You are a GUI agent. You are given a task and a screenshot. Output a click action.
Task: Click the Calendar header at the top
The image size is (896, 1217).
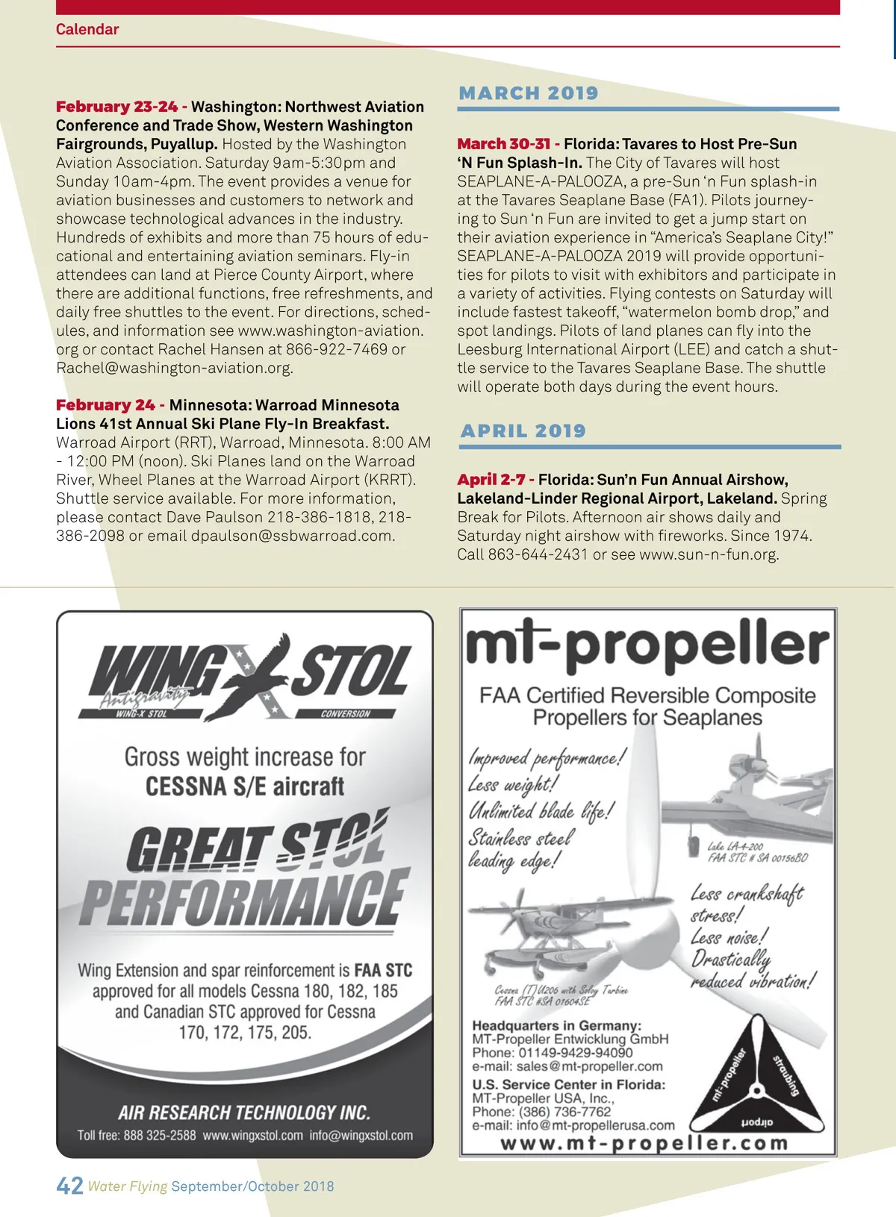point(87,30)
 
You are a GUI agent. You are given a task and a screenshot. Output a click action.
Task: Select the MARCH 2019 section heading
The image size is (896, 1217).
point(529,93)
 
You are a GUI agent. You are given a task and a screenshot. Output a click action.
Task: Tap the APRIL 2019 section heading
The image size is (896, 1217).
point(523,431)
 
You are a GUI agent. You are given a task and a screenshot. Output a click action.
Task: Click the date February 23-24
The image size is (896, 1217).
point(116,107)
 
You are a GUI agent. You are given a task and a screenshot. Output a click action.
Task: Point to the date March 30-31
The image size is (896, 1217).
point(503,144)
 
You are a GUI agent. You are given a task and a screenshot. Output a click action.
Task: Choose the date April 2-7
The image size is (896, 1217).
point(491,480)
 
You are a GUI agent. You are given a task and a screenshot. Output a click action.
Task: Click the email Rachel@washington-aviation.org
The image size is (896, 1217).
point(174,368)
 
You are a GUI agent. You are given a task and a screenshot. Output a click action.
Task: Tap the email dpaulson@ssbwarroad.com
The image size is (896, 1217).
point(291,536)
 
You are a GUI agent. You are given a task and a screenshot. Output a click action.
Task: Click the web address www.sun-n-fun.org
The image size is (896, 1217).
point(708,554)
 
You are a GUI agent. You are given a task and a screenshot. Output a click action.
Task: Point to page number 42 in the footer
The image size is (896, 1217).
point(69,1186)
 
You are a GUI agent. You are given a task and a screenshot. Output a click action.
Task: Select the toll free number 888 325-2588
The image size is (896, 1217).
point(159,1136)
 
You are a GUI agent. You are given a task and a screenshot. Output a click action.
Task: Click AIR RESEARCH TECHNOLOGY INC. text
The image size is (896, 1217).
point(244,1113)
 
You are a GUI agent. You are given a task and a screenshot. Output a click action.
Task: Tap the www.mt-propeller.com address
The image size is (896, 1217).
point(644,1143)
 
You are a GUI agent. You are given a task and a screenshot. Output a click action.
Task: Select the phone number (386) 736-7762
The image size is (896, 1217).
point(564,1112)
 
